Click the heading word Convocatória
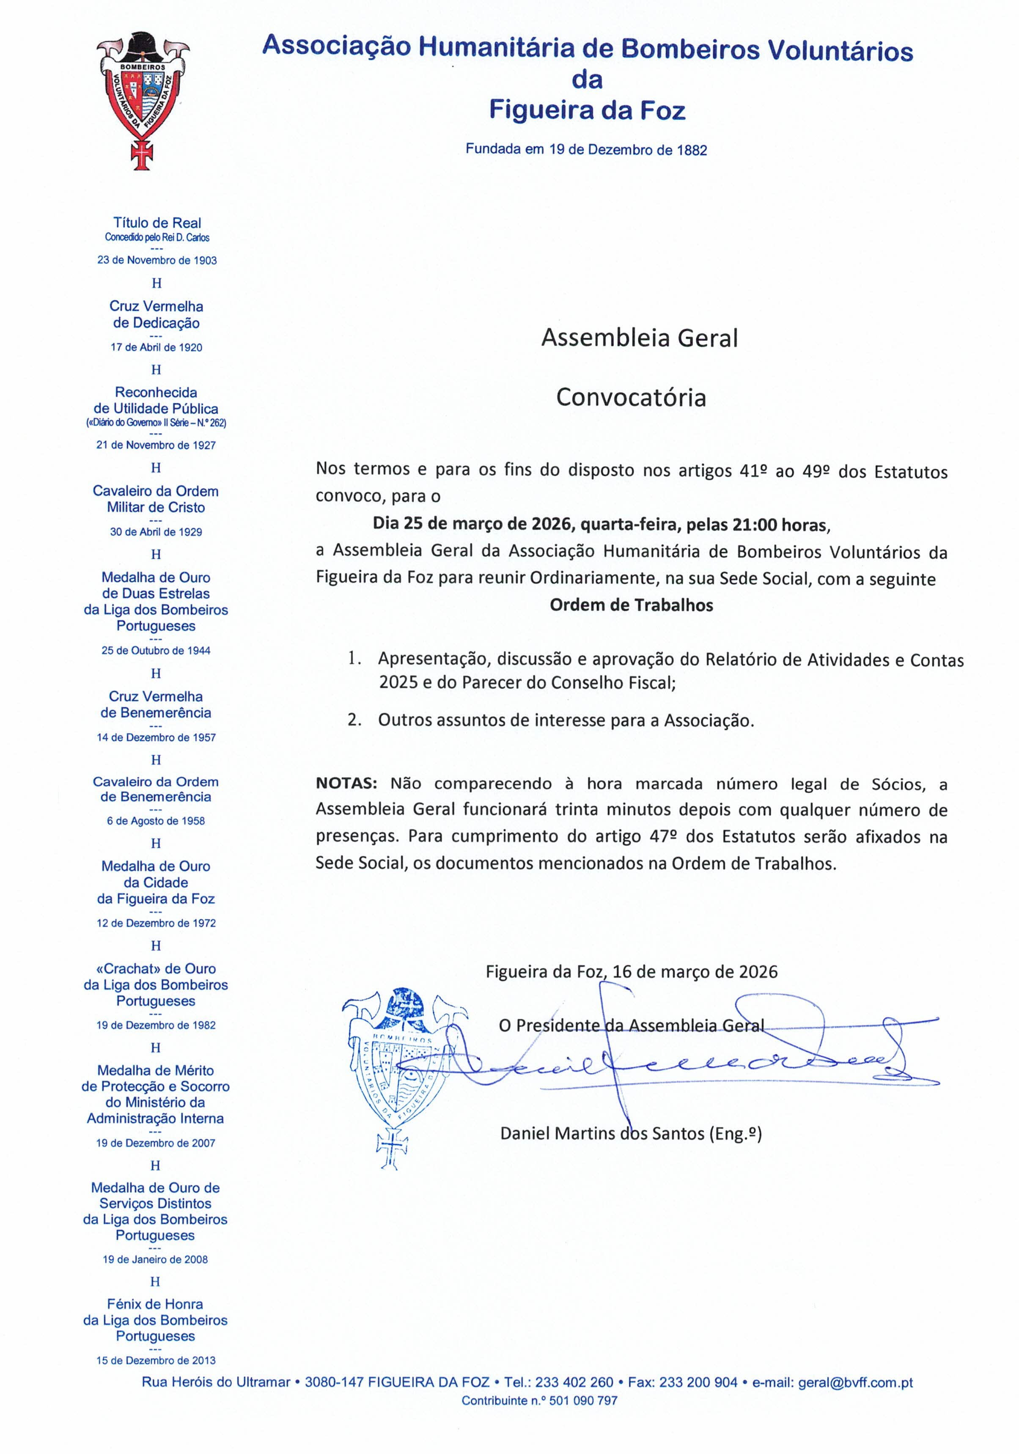point(631,398)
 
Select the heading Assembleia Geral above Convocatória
point(640,338)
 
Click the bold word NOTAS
point(346,784)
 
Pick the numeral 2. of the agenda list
point(354,720)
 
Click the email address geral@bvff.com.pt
point(855,1383)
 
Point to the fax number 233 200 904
point(698,1383)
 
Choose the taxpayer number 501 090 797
point(582,1401)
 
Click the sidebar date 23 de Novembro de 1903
point(157,260)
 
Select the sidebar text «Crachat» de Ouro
point(156,968)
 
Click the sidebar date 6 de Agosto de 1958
point(156,821)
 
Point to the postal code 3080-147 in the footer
point(334,1383)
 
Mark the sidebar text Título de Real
point(157,223)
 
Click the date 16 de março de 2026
point(695,972)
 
